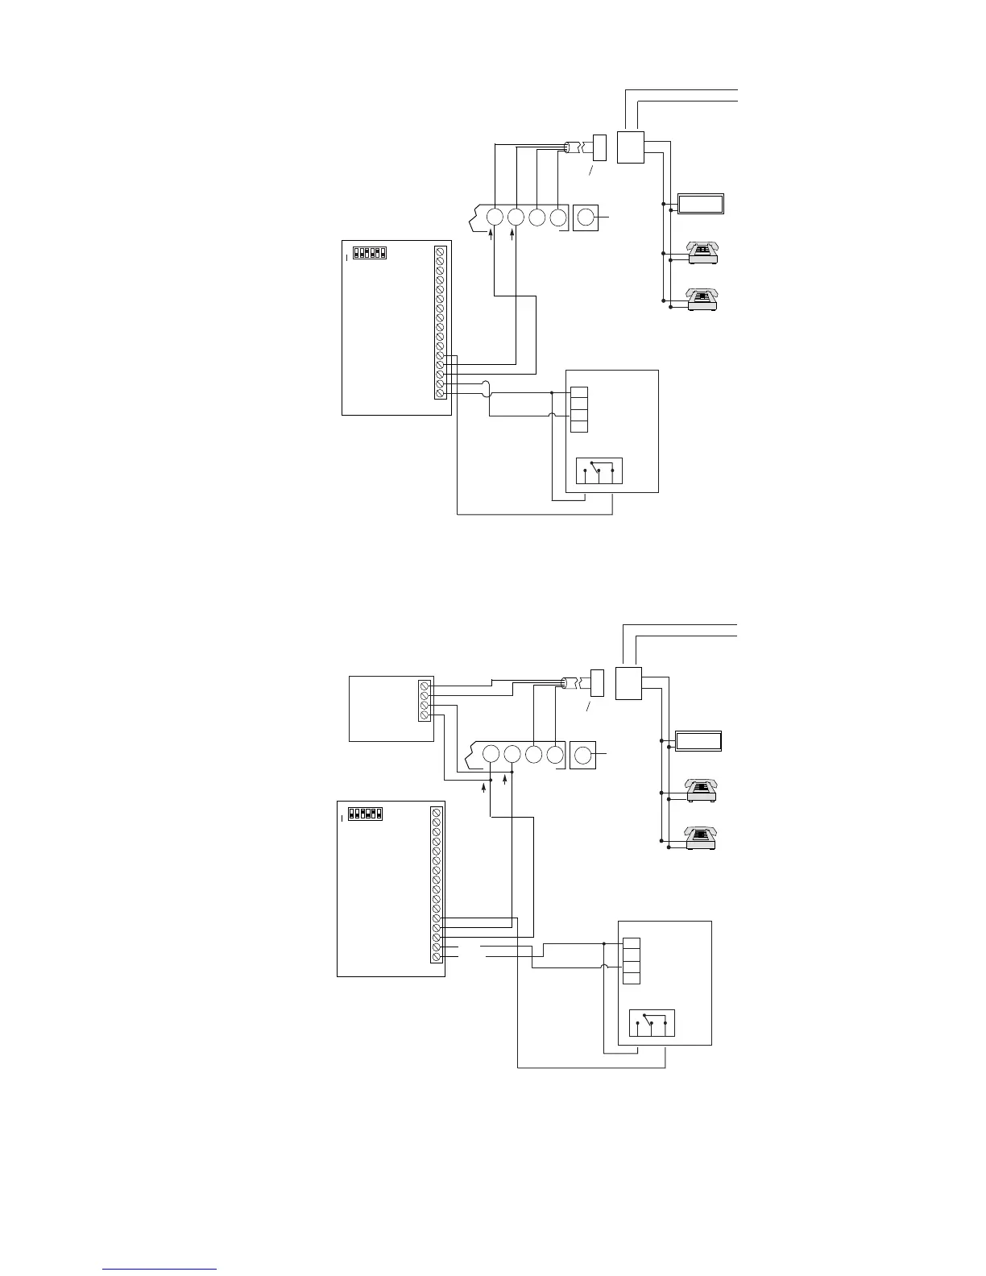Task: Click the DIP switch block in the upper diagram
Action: coord(370,253)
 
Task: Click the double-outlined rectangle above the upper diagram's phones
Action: coord(700,204)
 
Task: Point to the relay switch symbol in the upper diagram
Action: coord(599,470)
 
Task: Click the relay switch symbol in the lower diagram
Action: coord(651,1022)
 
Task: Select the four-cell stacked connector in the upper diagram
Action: coord(578,410)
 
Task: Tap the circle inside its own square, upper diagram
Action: coord(586,217)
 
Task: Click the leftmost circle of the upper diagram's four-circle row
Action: coord(495,217)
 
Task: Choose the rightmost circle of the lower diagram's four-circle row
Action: coord(554,756)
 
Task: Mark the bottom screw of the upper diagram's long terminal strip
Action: coord(440,393)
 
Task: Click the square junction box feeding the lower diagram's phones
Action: coord(628,683)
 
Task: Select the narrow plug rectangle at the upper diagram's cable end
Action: coord(599,147)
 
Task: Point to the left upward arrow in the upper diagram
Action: coord(491,234)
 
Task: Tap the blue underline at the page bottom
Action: coord(159,1270)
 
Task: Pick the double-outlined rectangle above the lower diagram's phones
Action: coord(698,741)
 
